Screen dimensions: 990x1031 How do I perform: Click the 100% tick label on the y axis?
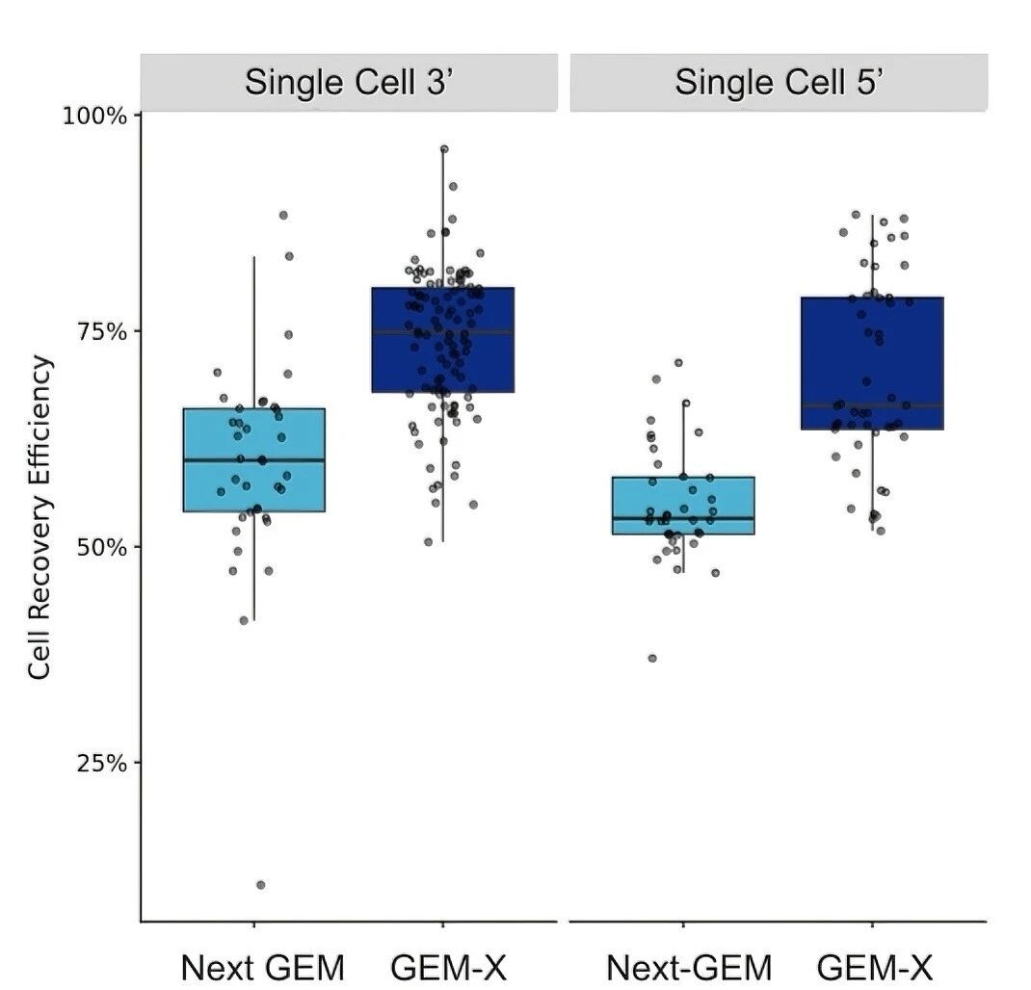tap(95, 116)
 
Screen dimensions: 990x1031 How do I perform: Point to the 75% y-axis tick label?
tap(101, 331)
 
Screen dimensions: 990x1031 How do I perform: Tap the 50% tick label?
tap(101, 547)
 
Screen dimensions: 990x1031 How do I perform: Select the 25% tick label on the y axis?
tap(101, 763)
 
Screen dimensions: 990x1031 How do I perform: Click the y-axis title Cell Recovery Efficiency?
tap(40, 517)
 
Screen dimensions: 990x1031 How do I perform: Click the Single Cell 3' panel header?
tap(349, 82)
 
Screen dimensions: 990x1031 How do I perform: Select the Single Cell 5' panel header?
tap(778, 82)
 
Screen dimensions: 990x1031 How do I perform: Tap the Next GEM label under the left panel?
tap(262, 967)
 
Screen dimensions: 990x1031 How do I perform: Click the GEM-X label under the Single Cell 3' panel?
tap(448, 967)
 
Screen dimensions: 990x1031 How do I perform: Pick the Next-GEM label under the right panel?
tap(689, 967)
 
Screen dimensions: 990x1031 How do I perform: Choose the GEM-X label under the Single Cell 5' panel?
tap(875, 967)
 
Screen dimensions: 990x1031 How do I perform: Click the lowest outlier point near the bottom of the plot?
tap(261, 884)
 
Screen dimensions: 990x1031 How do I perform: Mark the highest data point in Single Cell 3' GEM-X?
tap(444, 149)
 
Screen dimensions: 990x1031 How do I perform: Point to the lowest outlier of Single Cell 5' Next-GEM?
tap(652, 658)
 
